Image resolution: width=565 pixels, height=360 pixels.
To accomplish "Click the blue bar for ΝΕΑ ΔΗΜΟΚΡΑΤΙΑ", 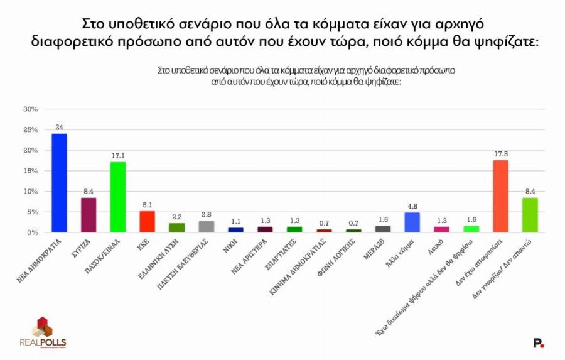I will (59, 183).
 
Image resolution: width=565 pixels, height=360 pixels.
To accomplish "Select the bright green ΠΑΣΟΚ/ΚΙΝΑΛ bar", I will (118, 197).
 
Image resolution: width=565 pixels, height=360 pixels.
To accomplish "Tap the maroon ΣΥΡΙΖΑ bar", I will (89, 215).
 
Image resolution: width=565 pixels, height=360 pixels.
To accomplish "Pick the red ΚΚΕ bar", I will (147, 222).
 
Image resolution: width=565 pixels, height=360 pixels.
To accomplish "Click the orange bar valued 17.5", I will (500, 196).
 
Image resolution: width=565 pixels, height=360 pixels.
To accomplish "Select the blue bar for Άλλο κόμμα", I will (412, 222).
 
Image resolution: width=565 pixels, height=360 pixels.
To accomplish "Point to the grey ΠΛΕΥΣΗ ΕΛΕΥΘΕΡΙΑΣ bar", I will (206, 227).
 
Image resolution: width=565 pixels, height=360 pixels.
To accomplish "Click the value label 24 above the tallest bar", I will (59, 128).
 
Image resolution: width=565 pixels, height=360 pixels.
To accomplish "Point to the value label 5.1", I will (147, 205).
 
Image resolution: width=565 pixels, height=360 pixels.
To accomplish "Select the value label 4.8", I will (412, 206).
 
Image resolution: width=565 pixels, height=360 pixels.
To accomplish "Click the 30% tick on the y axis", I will (31, 109).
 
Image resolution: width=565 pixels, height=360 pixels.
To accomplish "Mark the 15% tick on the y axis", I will (31, 171).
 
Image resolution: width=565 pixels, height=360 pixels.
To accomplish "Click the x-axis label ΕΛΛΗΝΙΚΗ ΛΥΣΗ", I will (163, 254).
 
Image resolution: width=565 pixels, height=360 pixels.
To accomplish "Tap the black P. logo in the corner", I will (538, 342).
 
